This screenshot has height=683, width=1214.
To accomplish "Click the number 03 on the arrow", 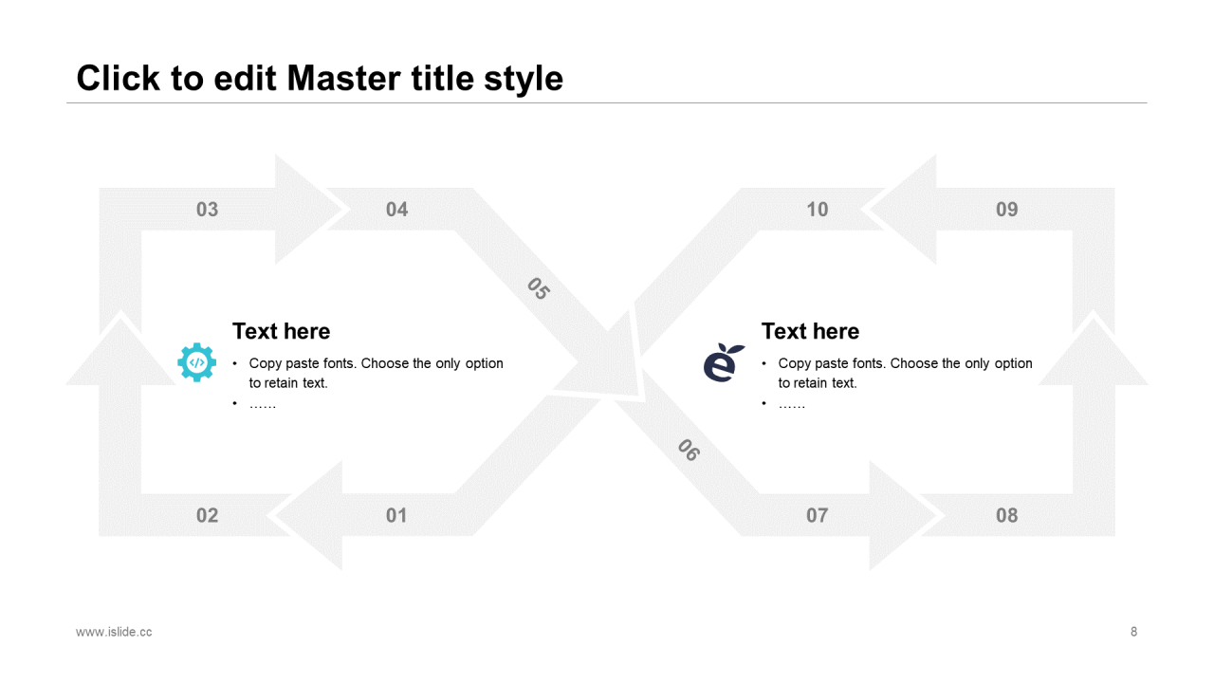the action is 207,210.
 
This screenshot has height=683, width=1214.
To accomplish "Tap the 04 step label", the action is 396,210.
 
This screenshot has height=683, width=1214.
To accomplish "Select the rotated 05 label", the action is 539,288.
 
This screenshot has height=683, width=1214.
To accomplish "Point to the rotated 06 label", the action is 689,450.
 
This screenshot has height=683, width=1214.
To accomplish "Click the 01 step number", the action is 396,515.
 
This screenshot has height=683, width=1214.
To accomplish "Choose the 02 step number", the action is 207,515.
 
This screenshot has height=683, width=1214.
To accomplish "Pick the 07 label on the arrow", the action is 817,515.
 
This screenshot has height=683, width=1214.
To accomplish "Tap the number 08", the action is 1007,515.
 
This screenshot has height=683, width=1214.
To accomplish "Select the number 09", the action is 1007,210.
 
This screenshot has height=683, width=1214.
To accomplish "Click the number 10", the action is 818,210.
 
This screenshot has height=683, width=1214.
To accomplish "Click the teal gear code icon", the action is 196,362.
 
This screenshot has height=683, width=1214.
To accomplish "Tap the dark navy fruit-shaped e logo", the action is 724,362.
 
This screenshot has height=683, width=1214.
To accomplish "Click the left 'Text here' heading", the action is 282,331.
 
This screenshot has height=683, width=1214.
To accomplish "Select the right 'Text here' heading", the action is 810,331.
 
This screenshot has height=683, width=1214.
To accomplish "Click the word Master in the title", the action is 344,78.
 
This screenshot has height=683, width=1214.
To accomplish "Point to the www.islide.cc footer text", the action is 114,632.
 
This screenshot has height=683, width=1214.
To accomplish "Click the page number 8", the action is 1133,632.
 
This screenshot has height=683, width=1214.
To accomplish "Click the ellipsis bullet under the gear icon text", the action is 263,405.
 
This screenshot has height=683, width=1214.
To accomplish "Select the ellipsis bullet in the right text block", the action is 792,405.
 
